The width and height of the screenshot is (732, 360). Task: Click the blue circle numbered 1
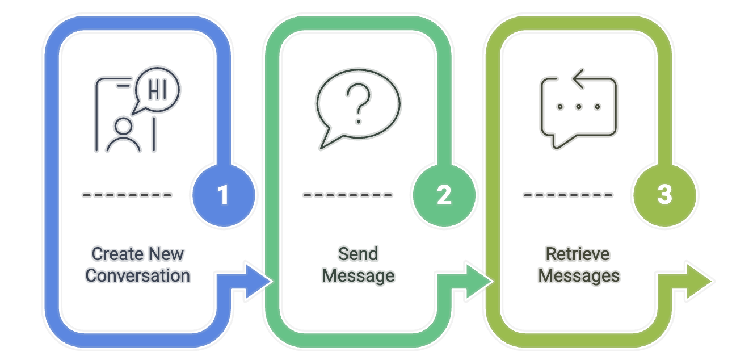point(223,195)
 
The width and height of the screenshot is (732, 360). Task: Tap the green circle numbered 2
point(444,195)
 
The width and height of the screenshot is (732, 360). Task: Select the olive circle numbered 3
point(663,195)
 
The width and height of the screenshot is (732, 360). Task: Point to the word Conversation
point(138,276)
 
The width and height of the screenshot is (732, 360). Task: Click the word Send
point(358,254)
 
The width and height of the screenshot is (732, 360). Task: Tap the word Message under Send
point(358,276)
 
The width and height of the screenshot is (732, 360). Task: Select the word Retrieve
point(578,254)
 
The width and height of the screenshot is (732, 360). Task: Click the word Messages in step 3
point(579,276)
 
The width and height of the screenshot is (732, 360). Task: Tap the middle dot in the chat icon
point(578,106)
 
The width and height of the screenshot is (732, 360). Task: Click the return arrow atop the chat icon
point(584,80)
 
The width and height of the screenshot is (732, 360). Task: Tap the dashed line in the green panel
point(347,195)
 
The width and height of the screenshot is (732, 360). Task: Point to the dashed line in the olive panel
point(567,195)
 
